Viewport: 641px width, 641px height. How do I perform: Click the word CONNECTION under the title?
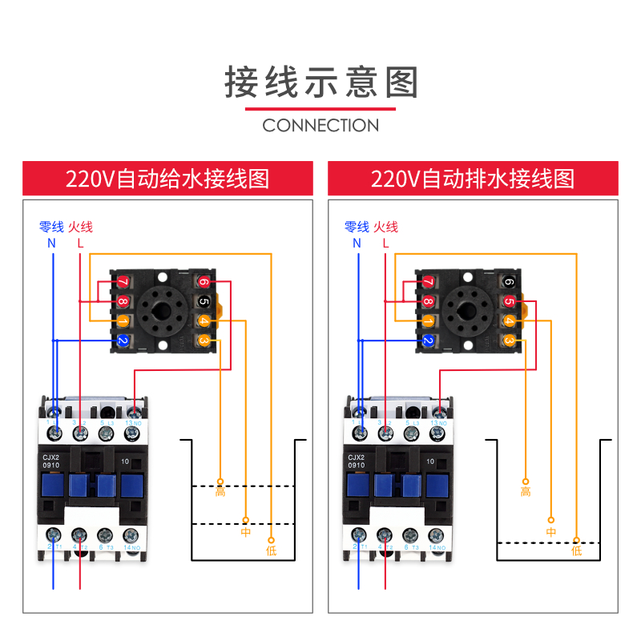[x=320, y=125]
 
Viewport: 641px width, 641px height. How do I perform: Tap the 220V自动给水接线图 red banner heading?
[x=167, y=178]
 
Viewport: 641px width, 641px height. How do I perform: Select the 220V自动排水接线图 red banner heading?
[x=473, y=178]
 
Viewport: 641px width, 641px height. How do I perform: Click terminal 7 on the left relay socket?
[x=123, y=282]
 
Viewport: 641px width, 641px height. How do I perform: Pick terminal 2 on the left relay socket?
[x=123, y=341]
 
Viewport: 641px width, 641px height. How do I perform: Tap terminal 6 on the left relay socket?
[x=204, y=282]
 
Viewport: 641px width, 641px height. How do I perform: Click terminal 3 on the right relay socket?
[x=509, y=341]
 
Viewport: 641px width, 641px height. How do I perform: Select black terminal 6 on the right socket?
[x=509, y=282]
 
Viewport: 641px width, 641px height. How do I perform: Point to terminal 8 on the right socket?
[x=428, y=302]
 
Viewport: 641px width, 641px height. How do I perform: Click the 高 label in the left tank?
[x=220, y=491]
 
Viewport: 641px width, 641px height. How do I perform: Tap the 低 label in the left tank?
[x=271, y=550]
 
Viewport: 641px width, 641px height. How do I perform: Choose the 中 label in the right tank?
[x=551, y=531]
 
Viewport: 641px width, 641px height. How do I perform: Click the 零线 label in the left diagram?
[x=53, y=227]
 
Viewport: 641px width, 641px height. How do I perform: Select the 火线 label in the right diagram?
[x=385, y=227]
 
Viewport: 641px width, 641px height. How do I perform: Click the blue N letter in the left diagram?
[x=52, y=242]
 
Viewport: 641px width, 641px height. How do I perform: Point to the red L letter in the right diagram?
[x=385, y=242]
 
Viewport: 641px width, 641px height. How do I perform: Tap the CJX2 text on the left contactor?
[x=52, y=458]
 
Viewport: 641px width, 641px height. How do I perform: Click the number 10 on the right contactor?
[x=430, y=462]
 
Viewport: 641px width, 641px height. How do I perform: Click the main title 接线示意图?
[x=320, y=83]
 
